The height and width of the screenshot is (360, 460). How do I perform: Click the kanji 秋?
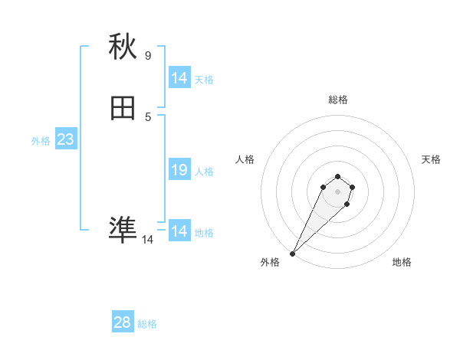coord(123,47)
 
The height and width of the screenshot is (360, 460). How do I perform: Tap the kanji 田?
coord(123,109)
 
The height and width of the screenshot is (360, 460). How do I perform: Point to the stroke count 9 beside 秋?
coord(148,55)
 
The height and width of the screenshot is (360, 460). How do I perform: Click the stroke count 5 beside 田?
coord(148,116)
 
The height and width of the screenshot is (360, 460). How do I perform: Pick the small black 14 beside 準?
coord(148,239)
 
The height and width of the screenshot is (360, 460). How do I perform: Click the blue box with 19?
coord(179,170)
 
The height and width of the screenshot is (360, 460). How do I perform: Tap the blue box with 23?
coord(65,140)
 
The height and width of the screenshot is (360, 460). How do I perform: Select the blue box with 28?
coord(123,322)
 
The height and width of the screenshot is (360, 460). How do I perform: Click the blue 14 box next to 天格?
coord(179,78)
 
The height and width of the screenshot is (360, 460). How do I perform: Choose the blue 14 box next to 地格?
coord(179,231)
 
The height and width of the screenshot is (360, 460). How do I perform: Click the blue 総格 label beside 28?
coord(147,324)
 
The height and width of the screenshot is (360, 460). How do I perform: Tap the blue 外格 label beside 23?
coord(41,141)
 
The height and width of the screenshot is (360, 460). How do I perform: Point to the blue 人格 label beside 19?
coord(205,172)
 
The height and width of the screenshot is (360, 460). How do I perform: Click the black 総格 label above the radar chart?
coord(337,100)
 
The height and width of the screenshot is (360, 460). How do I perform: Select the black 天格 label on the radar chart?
coord(431,159)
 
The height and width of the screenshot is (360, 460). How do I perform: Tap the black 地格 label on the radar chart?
coord(402,262)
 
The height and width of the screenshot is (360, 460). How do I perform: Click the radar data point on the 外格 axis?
coord(293,254)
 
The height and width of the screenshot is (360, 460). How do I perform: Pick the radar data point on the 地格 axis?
coord(347,204)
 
